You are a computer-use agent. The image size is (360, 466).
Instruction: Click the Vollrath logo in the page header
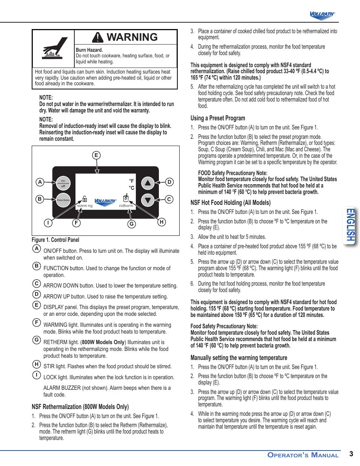[x=322, y=15]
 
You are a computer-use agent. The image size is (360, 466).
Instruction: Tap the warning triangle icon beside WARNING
[x=98, y=37]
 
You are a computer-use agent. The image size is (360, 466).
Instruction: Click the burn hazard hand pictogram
[x=54, y=48]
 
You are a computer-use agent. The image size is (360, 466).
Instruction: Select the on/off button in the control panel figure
[x=63, y=183]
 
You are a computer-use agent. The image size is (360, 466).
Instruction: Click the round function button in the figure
[x=63, y=200]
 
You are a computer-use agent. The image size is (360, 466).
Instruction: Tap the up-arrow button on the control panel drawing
[x=148, y=183]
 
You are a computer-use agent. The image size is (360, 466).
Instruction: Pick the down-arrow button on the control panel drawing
[x=148, y=200]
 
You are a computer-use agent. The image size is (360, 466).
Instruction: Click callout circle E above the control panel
[x=96, y=155]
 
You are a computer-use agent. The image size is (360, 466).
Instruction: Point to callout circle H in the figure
[x=162, y=222]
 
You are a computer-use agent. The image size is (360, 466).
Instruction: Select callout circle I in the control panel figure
[x=48, y=223]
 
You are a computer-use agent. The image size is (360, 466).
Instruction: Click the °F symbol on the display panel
[x=132, y=181]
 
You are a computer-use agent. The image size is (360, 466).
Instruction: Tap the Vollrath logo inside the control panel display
[x=105, y=201]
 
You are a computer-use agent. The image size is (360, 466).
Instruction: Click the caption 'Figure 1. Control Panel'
[x=55, y=240]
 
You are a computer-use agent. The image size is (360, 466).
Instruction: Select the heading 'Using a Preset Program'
[x=218, y=118]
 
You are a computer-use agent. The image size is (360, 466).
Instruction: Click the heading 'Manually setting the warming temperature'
[x=238, y=358]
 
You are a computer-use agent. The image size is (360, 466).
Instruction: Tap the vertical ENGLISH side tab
[x=351, y=225]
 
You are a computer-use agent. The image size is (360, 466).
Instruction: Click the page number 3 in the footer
[x=351, y=454]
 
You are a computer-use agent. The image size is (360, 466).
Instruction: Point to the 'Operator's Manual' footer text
[x=303, y=455]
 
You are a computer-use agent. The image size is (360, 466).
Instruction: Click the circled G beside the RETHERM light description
[x=37, y=340]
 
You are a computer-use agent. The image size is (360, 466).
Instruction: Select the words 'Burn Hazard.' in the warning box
[x=89, y=50]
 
